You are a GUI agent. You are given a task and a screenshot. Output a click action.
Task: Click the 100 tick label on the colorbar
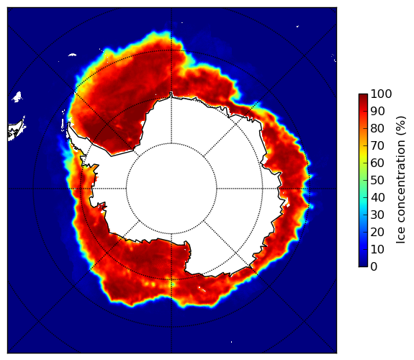click(x=381, y=94)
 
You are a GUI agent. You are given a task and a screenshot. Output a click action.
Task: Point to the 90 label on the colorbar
click(x=377, y=111)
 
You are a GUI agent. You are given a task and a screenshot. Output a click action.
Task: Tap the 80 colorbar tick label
click(x=377, y=129)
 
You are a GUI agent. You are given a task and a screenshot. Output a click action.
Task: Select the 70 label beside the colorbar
click(x=377, y=145)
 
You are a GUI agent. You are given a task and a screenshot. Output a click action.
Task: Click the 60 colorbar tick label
click(x=377, y=163)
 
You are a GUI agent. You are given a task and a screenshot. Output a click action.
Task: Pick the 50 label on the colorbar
click(x=377, y=181)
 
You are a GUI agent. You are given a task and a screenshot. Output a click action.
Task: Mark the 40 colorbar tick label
click(x=377, y=197)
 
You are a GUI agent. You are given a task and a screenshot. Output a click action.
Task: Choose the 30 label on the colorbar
click(x=377, y=215)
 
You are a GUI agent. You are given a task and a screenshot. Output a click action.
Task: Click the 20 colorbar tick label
click(x=377, y=232)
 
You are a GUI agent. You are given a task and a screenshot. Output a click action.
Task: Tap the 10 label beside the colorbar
click(x=377, y=249)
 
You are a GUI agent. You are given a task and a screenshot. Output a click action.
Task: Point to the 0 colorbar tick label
click(x=374, y=267)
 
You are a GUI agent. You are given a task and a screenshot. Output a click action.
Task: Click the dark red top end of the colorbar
click(x=363, y=96)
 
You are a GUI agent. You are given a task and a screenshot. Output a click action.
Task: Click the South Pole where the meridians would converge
click(x=171, y=189)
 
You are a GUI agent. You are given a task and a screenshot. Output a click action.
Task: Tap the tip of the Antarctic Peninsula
click(x=69, y=123)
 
